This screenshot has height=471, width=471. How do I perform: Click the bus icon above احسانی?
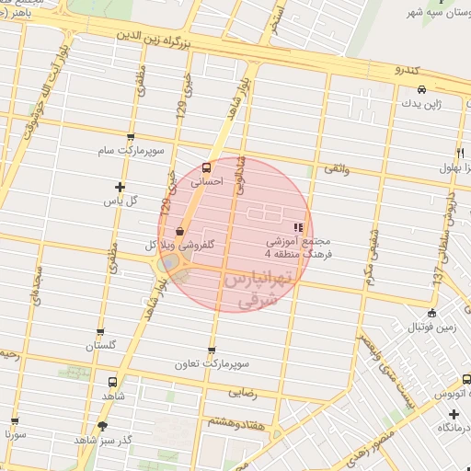[205, 167]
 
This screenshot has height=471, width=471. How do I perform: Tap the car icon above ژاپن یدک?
[420, 90]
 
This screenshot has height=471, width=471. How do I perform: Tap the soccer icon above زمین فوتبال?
[432, 313]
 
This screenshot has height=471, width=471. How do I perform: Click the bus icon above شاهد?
[112, 382]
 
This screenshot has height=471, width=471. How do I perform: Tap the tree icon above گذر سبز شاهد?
[102, 425]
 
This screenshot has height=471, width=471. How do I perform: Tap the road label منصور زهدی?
[370, 443]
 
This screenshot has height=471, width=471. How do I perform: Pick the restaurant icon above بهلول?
[459, 153]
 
